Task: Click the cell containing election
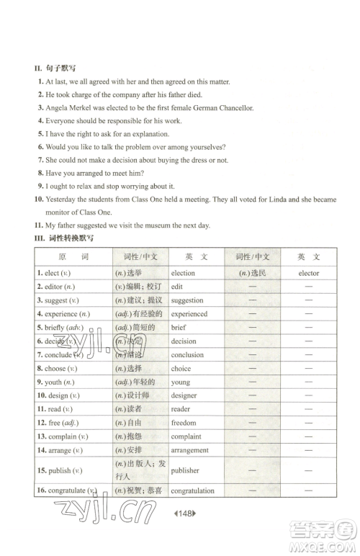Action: [183, 273]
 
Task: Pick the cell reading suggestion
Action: [187, 300]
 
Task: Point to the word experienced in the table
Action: [189, 314]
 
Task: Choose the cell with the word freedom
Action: [184, 423]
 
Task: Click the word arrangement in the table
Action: [190, 450]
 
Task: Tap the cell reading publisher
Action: [186, 470]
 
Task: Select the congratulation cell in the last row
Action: [193, 491]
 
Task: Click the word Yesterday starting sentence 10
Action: [63, 199]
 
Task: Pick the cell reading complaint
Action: [186, 436]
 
